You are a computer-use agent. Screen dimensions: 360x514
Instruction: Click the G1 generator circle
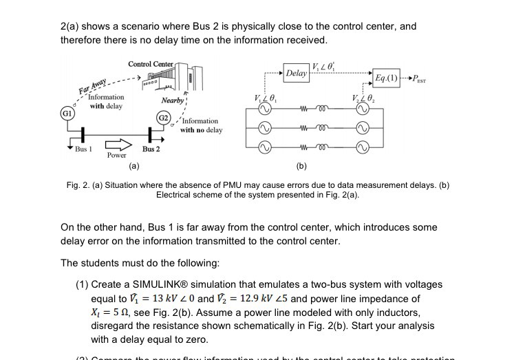pyautogui.click(x=67, y=112)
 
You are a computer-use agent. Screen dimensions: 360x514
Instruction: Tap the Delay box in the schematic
pyautogui.click(x=297, y=72)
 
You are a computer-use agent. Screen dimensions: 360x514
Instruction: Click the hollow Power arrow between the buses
pyautogui.click(x=117, y=145)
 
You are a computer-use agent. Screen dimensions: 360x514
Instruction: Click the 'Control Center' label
pyautogui.click(x=151, y=64)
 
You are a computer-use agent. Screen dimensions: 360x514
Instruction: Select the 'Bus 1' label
pyautogui.click(x=85, y=149)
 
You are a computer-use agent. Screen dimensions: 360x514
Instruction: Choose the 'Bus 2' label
pyautogui.click(x=151, y=149)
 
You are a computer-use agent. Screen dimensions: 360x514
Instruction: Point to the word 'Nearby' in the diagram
pyautogui.click(x=172, y=100)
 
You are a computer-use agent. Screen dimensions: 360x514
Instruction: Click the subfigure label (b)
pyautogui.click(x=302, y=166)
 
